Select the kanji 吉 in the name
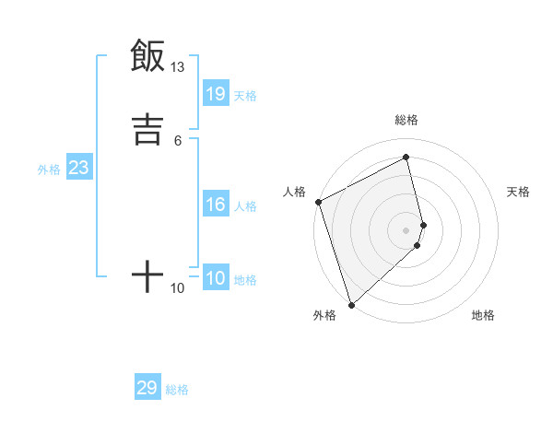click(147, 128)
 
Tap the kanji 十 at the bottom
click(147, 276)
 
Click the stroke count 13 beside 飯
click(177, 67)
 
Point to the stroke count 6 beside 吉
click(178, 140)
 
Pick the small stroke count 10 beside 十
click(177, 288)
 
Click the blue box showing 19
click(216, 94)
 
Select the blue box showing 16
click(216, 205)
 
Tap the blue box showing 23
click(78, 168)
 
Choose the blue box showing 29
click(147, 388)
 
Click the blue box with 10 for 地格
click(216, 278)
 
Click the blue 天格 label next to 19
click(245, 96)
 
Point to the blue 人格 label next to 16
click(245, 206)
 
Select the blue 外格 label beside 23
click(49, 170)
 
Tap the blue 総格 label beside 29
click(177, 390)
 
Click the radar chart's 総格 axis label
click(406, 120)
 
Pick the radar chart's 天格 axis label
click(519, 192)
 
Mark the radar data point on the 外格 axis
click(351, 304)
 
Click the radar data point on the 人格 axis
click(318, 202)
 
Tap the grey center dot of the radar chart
click(406, 230)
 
